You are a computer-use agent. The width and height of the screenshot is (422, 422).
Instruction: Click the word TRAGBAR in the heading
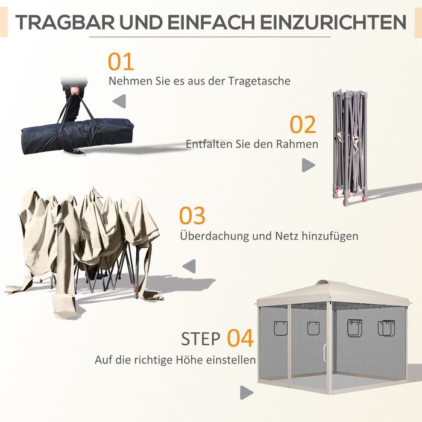click(x=65, y=22)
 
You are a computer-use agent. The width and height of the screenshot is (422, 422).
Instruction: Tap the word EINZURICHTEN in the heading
click(x=333, y=22)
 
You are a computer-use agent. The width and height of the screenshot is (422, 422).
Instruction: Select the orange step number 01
click(x=121, y=61)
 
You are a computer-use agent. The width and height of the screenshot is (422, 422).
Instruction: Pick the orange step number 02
click(x=303, y=125)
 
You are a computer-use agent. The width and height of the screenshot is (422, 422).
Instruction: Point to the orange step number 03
click(x=192, y=216)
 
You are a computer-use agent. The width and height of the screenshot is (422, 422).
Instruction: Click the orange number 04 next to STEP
click(x=241, y=338)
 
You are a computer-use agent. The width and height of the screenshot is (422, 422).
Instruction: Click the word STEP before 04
click(x=201, y=339)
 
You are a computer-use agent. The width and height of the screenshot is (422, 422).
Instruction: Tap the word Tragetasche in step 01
click(x=259, y=81)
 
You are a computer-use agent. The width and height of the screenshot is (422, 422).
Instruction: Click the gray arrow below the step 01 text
click(x=119, y=101)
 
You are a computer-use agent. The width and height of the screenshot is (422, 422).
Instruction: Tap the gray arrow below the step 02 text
click(x=309, y=165)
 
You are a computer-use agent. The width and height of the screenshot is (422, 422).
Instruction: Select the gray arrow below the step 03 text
click(x=189, y=266)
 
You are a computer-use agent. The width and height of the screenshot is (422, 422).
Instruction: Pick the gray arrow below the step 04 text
click(x=247, y=392)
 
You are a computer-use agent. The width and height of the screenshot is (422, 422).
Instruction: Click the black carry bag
click(x=77, y=136)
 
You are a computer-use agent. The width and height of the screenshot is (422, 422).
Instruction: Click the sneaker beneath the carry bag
click(x=75, y=152)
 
